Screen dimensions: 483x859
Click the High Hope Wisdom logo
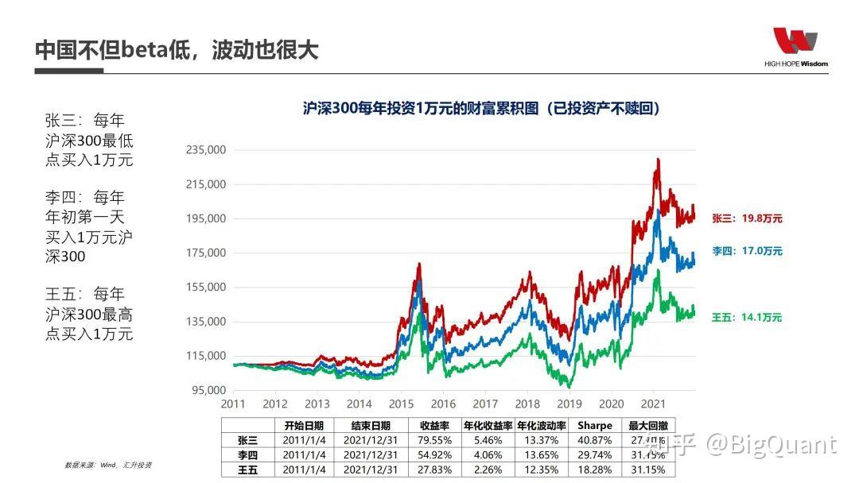(795, 46)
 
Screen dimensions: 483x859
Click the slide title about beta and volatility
(177, 49)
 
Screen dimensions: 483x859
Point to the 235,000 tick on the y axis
(206, 150)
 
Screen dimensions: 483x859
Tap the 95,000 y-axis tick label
(208, 390)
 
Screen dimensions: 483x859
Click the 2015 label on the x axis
(402, 404)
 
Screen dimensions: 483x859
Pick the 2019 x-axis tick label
(569, 404)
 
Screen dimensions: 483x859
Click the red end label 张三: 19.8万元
(747, 218)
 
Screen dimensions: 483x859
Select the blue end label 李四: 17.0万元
(747, 251)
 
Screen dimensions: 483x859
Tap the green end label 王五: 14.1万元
(747, 318)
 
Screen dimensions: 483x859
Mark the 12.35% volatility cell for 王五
(542, 469)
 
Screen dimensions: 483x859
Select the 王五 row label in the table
(247, 469)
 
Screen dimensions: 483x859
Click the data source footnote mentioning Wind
(108, 465)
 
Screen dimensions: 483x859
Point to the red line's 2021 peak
(657, 160)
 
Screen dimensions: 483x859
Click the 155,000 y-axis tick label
(206, 288)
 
